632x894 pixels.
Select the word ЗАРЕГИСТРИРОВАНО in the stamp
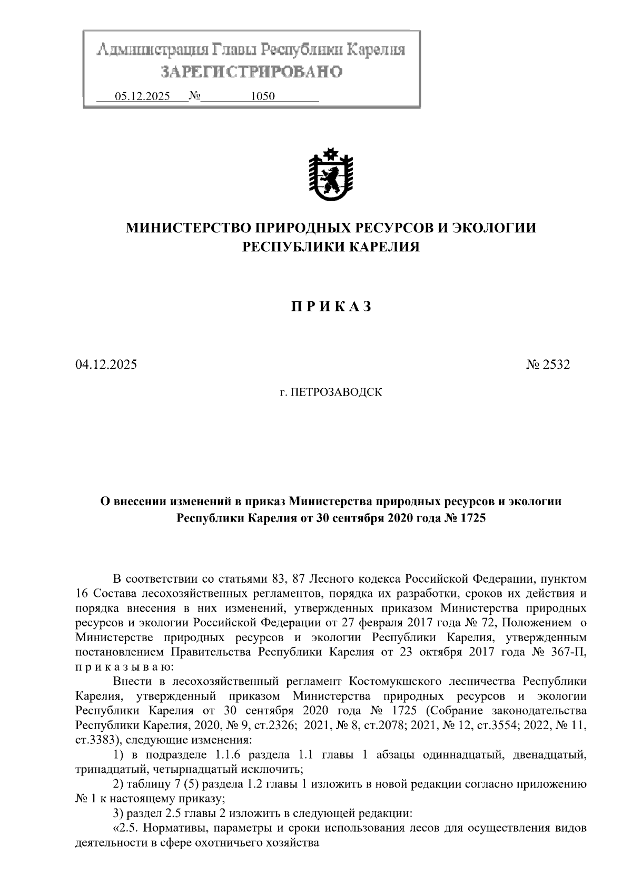[251, 72]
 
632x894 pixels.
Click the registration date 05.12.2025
[142, 96]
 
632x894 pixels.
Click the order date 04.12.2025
[106, 365]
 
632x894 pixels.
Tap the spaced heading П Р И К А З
[331, 307]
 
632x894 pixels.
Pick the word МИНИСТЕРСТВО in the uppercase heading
[187, 228]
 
